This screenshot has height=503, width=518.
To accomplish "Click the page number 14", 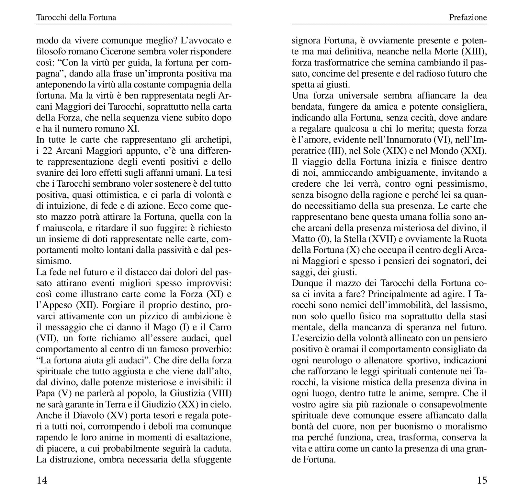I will tap(42, 480).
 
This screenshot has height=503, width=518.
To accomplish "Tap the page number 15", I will tap(482, 480).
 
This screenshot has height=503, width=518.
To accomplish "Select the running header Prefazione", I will tap(468, 18).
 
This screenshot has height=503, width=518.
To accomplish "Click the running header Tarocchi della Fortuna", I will tap(76, 18).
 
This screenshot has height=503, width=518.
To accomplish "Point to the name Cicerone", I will tap(114, 52).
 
